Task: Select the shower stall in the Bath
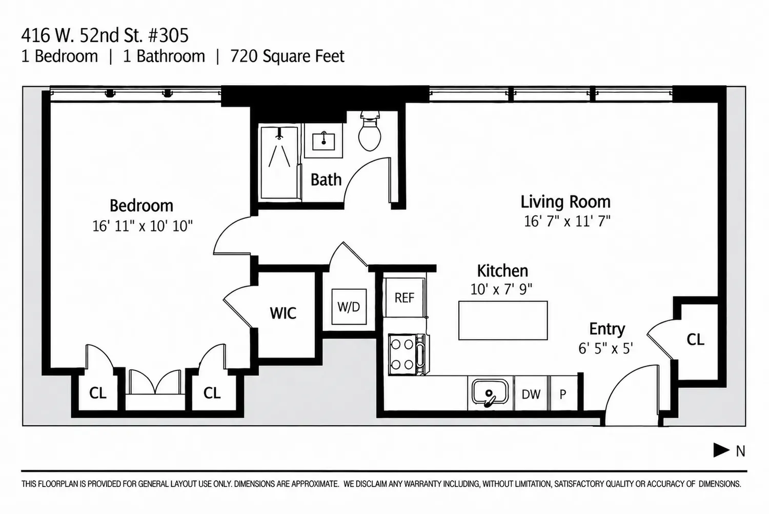pos(279,163)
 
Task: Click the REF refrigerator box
pos(404,298)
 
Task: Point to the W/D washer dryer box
pos(349,307)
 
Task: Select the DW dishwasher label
pos(531,394)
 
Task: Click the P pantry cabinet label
pos(563,394)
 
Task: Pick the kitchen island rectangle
pos(503,321)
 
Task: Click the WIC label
pos(283,313)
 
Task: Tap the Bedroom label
pos(141,206)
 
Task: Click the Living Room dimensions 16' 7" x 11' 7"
pos(567,221)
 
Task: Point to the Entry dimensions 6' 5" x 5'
pos(605,348)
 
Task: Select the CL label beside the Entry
pos(695,340)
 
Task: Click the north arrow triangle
pos(721,450)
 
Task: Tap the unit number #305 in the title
pos(169,35)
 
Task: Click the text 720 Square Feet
pos(287,56)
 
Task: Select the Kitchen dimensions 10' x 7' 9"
pos(501,289)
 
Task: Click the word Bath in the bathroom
pos(326,180)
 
